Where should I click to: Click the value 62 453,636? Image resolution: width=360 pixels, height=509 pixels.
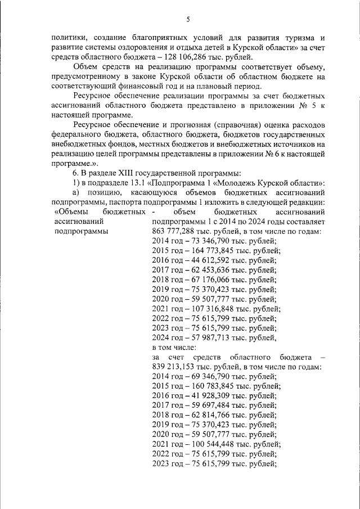coord(211,280)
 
